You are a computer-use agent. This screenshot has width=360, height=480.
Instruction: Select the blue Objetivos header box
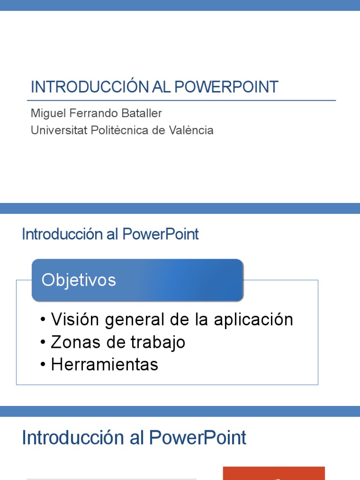pos(137,280)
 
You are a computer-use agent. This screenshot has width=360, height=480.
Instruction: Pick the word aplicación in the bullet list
pos(253,320)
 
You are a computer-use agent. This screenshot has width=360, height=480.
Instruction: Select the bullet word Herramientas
pos(105,365)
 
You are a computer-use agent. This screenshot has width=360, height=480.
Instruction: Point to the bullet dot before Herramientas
pos(44,365)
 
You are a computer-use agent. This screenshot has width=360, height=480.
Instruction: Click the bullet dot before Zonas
pos(44,342)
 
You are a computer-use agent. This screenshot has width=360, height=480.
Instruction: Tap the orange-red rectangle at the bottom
pos(274,473)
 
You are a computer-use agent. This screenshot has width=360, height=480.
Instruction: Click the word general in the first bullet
pos(135,320)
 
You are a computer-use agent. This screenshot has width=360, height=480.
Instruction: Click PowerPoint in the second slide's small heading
pos(161,234)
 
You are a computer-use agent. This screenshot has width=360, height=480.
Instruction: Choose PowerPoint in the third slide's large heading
pos(198,438)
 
